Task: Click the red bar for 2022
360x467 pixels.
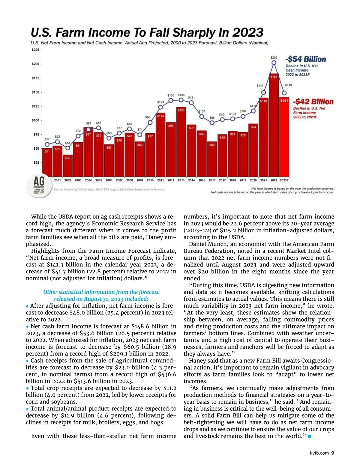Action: [x=274, y=126]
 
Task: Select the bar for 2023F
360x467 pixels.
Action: [x=284, y=138]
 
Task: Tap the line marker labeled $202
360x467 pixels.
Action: [x=274, y=63]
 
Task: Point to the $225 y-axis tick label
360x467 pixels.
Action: [x=35, y=50]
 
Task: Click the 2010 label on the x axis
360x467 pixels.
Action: [x=150, y=180]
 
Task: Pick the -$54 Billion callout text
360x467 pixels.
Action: [x=305, y=59]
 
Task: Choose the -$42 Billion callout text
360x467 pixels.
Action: [x=313, y=102]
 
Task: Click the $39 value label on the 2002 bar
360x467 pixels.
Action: [x=68, y=158]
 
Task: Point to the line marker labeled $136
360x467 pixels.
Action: [x=181, y=100]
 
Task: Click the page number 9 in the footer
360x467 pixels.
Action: [x=333, y=453]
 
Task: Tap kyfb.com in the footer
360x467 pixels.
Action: [x=319, y=453]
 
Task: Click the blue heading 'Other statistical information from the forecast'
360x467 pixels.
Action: [x=101, y=292]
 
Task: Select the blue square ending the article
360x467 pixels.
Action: [x=310, y=436]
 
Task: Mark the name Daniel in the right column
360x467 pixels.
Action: [x=197, y=244]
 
